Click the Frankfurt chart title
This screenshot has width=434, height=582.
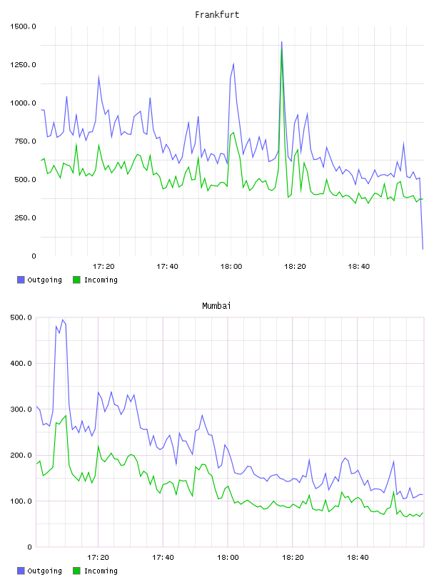[x=217, y=15]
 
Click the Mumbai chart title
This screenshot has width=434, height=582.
[x=216, y=306]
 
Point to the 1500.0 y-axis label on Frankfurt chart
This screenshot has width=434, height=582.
[x=23, y=26]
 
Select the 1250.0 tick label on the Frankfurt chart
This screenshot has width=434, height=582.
[x=23, y=65]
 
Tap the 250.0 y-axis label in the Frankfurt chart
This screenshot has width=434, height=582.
[x=25, y=218]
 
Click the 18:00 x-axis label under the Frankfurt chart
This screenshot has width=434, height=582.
[x=231, y=267]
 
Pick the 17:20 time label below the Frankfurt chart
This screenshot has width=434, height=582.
[x=104, y=267]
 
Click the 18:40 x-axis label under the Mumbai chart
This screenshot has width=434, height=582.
[x=358, y=558]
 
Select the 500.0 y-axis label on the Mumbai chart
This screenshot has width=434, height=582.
[x=21, y=317]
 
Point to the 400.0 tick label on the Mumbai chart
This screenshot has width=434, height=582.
[x=21, y=363]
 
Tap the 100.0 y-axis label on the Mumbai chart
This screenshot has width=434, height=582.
[x=21, y=501]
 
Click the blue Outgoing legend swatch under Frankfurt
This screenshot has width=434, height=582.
[x=21, y=280]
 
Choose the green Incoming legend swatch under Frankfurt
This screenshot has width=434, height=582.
[x=76, y=280]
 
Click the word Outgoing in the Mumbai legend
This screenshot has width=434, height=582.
[x=44, y=571]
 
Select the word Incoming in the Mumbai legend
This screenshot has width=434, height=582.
[x=101, y=571]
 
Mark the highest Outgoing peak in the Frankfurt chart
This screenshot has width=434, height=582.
[x=282, y=42]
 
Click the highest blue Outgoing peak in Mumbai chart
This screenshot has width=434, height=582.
[x=62, y=320]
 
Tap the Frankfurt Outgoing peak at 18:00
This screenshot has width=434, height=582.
[x=233, y=64]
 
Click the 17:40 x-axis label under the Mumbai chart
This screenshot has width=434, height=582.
[x=163, y=558]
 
